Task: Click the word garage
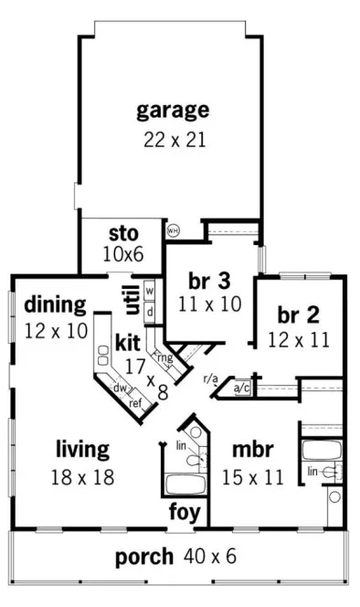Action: click(173, 112)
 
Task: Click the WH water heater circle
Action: click(173, 230)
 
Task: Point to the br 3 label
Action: click(208, 280)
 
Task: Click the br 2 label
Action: click(298, 315)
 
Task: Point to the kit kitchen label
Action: click(128, 343)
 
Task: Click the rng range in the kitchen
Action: click(165, 357)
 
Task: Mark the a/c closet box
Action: click(242, 388)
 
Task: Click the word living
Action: click(82, 449)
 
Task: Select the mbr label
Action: click(249, 450)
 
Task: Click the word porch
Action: click(144, 556)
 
